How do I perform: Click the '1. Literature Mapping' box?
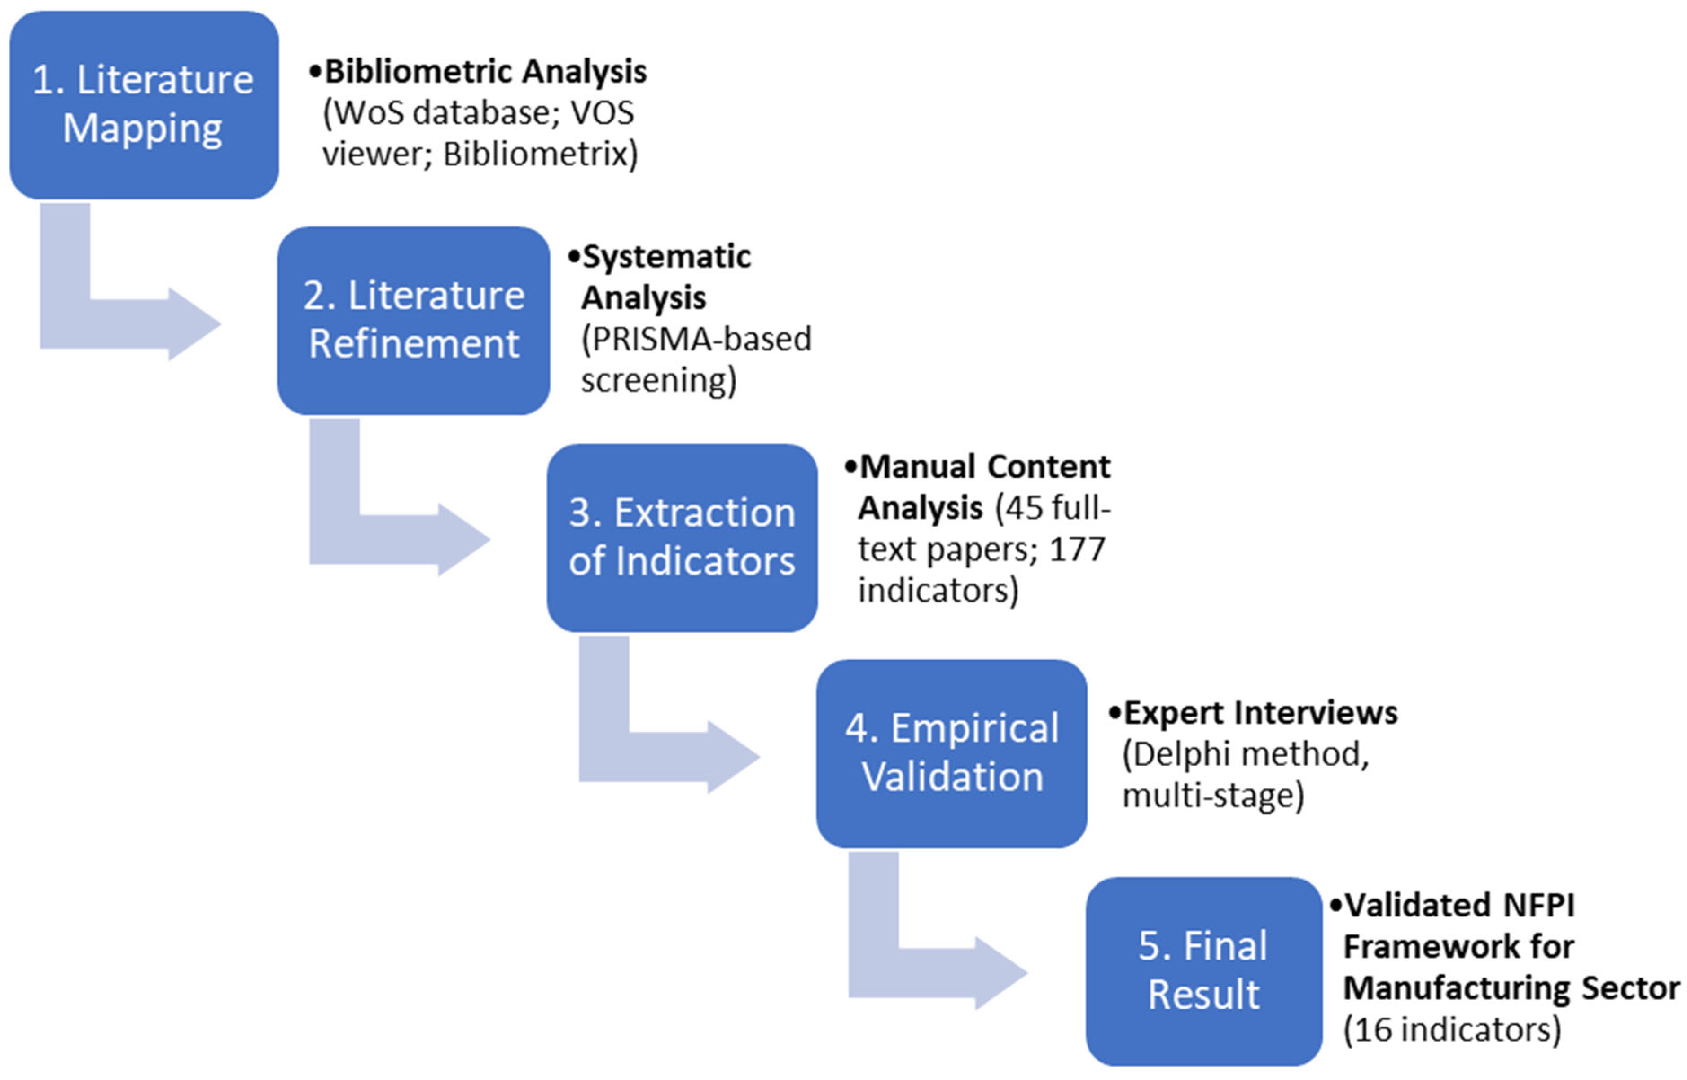144,105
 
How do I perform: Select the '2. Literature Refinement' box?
414,320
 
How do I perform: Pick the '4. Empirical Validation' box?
951,753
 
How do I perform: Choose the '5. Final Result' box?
1203,971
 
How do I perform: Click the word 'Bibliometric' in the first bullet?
418,71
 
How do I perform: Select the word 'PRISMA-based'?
696,340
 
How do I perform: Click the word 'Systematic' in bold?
666,257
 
